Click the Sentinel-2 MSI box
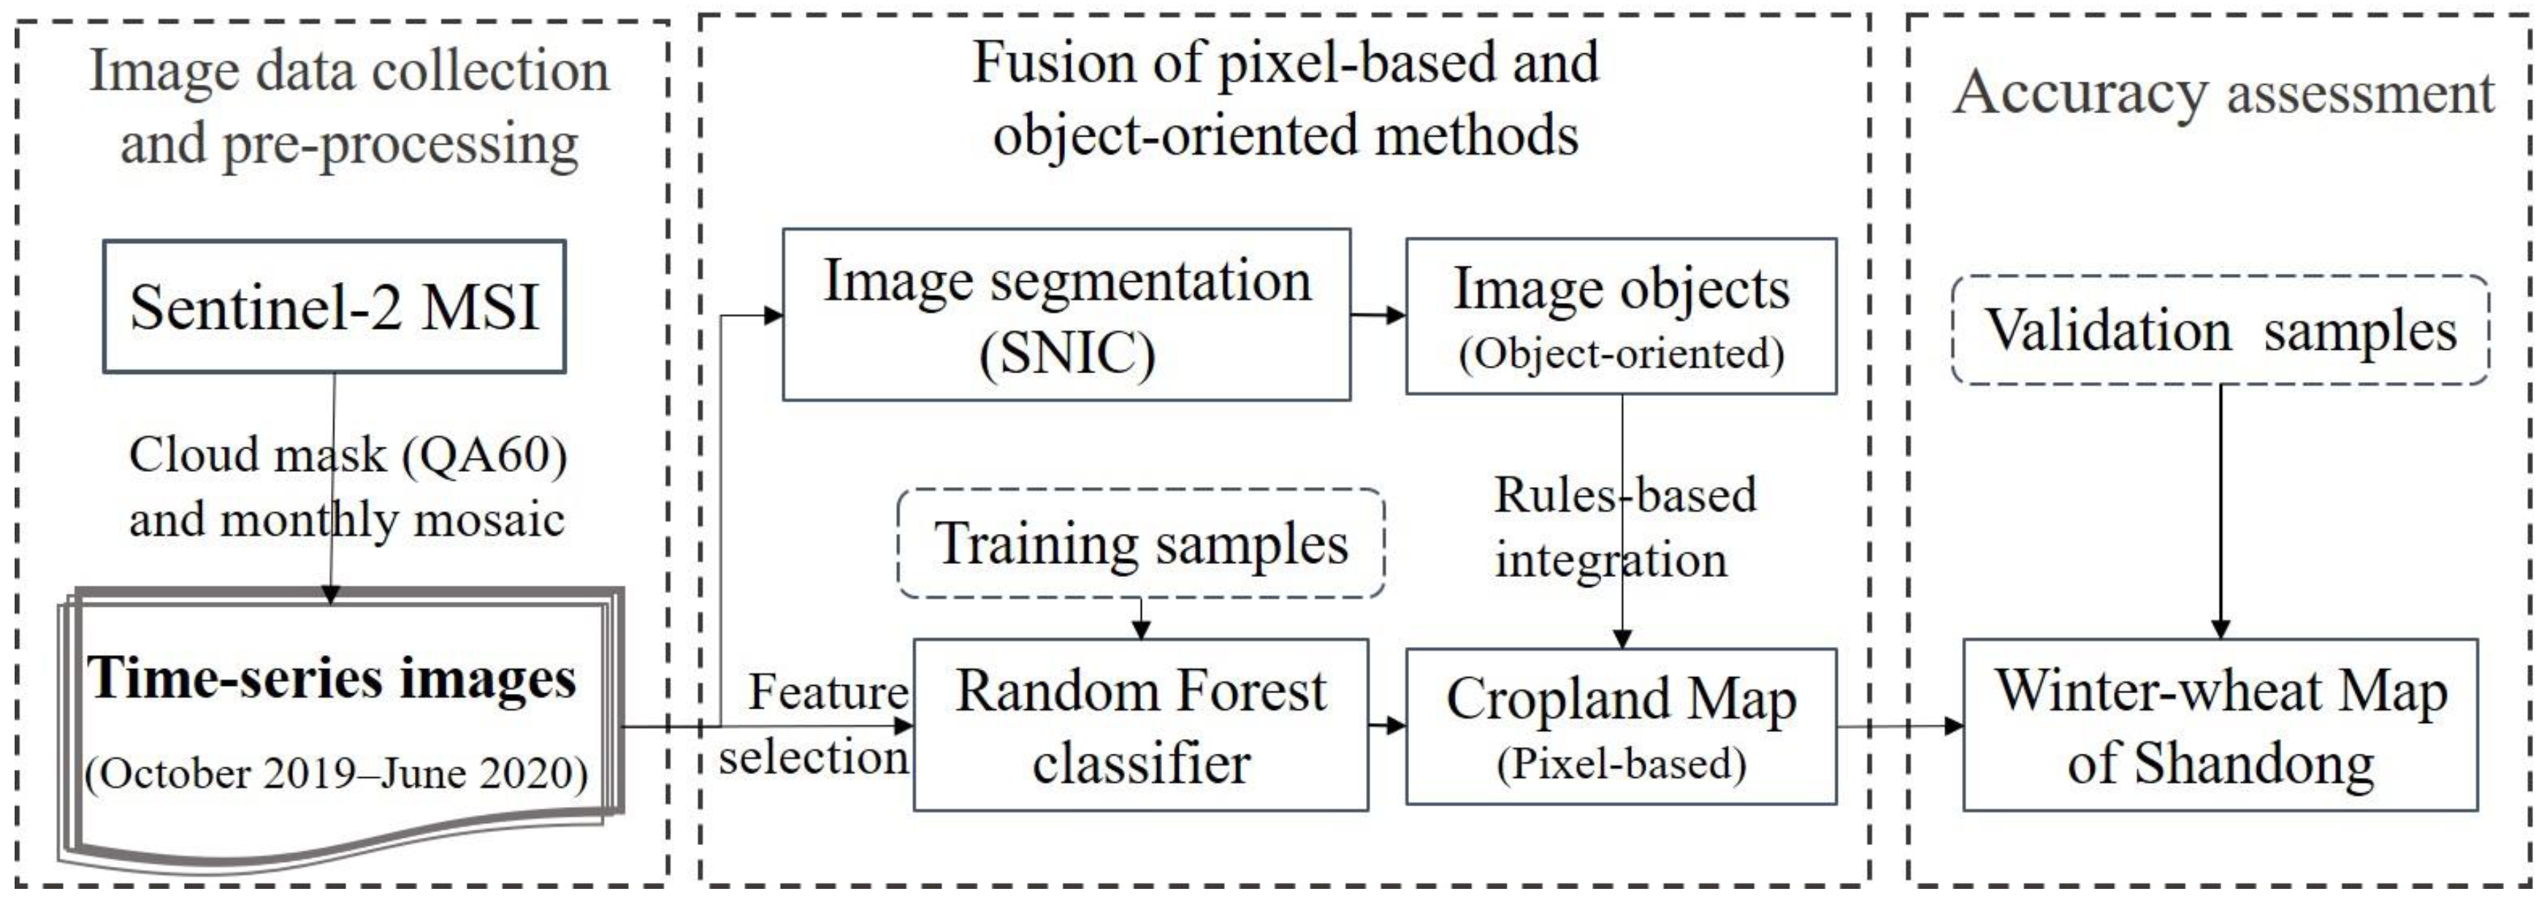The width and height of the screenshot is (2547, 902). pyautogui.click(x=335, y=307)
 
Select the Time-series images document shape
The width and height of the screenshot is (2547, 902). pyautogui.click(x=336, y=727)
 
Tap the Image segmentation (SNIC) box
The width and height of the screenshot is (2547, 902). pyautogui.click(x=1066, y=316)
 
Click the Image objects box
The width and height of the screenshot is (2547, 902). pyautogui.click(x=1621, y=316)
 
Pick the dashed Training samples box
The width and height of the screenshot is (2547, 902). pyautogui.click(x=1140, y=543)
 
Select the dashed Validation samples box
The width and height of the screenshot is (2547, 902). pyautogui.click(x=2220, y=330)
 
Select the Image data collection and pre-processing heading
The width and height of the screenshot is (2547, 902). pyautogui.click(x=349, y=106)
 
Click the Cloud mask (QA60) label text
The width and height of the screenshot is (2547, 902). pyautogui.click(x=348, y=456)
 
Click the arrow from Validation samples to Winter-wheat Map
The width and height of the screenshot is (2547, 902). pyautogui.click(x=2220, y=509)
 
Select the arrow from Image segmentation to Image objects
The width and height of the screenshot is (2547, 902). pyautogui.click(x=1378, y=316)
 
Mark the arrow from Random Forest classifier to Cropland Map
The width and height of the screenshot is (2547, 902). pyautogui.click(x=1387, y=726)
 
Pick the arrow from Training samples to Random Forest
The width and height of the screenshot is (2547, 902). pyautogui.click(x=1140, y=618)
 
